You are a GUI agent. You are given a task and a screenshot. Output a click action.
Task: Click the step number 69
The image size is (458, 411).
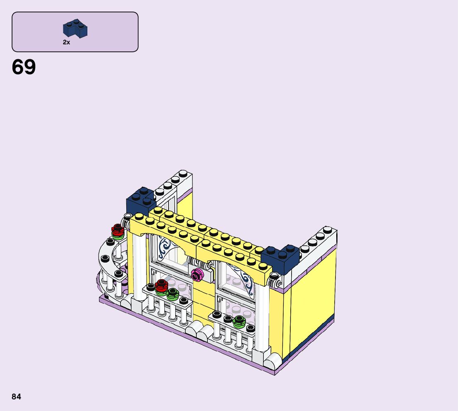point(24,67)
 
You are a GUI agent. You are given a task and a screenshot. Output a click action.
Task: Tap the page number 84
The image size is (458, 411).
point(17,396)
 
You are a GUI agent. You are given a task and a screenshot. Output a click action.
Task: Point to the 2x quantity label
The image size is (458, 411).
point(66,42)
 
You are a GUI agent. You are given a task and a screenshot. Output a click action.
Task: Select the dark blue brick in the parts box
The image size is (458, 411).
point(75,29)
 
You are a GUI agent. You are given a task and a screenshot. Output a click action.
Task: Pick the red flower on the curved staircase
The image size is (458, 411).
point(118,230)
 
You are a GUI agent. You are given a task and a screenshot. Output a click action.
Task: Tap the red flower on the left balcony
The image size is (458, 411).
point(161,285)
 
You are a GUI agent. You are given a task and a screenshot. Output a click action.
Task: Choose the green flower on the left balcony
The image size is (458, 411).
point(172,294)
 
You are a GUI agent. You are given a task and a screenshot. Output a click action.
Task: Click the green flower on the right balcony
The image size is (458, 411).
point(239,322)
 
